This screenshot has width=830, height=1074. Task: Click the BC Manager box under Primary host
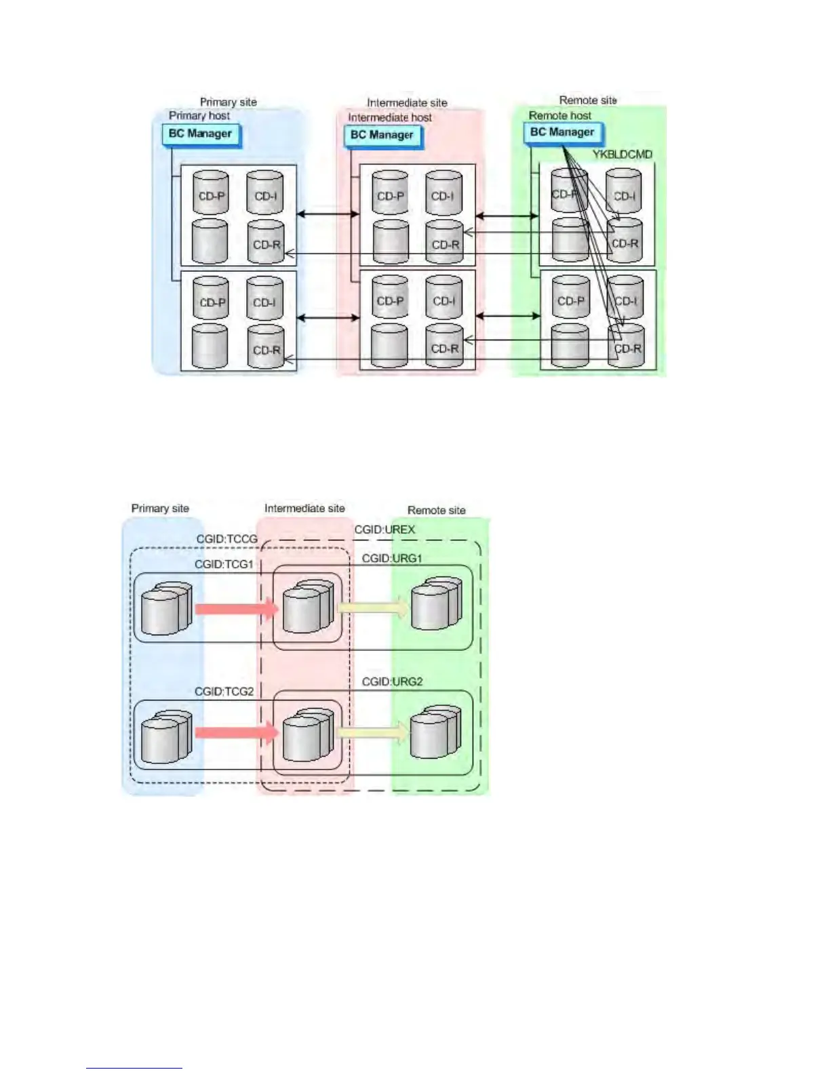click(201, 134)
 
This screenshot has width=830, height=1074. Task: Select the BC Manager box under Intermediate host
click(382, 136)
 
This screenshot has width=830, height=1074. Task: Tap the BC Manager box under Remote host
click(562, 133)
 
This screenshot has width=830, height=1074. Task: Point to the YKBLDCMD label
click(622, 155)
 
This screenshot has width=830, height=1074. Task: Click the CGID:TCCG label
click(226, 539)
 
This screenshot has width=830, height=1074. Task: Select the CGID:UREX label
click(384, 530)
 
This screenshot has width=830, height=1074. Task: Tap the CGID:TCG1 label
click(224, 564)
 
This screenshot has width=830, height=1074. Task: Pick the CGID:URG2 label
click(392, 681)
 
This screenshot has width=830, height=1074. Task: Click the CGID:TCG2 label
click(224, 692)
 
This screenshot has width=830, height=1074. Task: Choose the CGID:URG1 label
click(392, 558)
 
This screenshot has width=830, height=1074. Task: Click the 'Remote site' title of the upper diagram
click(588, 100)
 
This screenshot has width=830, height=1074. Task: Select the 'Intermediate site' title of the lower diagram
click(304, 509)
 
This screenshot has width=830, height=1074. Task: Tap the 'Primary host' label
click(199, 116)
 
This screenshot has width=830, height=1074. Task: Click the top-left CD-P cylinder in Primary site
click(211, 193)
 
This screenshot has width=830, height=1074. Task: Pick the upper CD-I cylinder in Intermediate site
click(443, 194)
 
